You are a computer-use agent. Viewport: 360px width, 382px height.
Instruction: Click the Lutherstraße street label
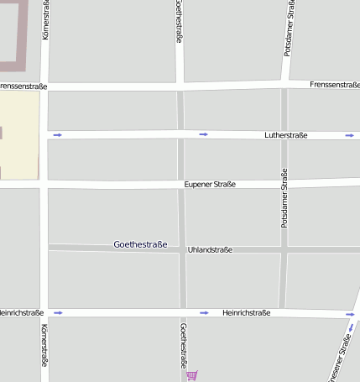click(x=285, y=134)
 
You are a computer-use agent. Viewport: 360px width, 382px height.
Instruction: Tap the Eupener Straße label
click(x=210, y=184)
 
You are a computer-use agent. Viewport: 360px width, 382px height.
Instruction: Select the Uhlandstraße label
click(x=210, y=249)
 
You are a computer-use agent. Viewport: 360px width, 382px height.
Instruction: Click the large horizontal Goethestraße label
click(x=140, y=244)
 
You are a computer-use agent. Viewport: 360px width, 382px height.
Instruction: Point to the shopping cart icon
click(x=192, y=375)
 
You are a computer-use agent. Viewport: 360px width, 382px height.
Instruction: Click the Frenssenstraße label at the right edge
click(x=334, y=85)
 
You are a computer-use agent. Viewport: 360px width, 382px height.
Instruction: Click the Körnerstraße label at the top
click(x=44, y=21)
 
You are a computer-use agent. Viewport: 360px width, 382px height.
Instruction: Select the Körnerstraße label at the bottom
click(x=44, y=346)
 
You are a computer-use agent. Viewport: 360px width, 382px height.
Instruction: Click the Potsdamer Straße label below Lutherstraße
click(x=284, y=198)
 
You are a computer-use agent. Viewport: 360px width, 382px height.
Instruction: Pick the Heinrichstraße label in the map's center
click(x=246, y=312)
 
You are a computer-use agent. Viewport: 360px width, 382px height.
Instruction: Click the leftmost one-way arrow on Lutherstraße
click(x=57, y=134)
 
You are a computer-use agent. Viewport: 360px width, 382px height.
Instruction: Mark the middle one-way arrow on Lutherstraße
click(x=203, y=134)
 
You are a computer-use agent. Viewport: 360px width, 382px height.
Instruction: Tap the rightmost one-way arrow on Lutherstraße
click(x=349, y=135)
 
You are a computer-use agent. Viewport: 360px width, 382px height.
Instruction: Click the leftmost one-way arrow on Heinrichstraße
click(x=58, y=312)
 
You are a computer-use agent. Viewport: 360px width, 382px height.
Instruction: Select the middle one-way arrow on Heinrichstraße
click(x=203, y=312)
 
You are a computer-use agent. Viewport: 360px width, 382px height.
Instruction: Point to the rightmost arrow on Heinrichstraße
click(x=349, y=315)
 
